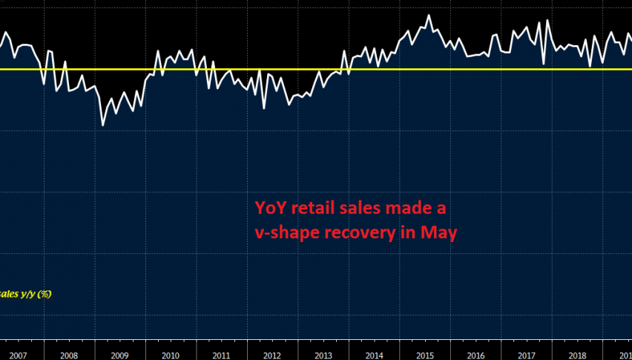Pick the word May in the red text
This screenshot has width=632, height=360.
tap(438, 232)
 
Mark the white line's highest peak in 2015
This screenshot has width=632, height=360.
tap(429, 15)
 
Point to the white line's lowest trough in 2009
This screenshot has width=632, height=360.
tap(102, 125)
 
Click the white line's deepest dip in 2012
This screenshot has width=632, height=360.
tap(264, 108)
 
